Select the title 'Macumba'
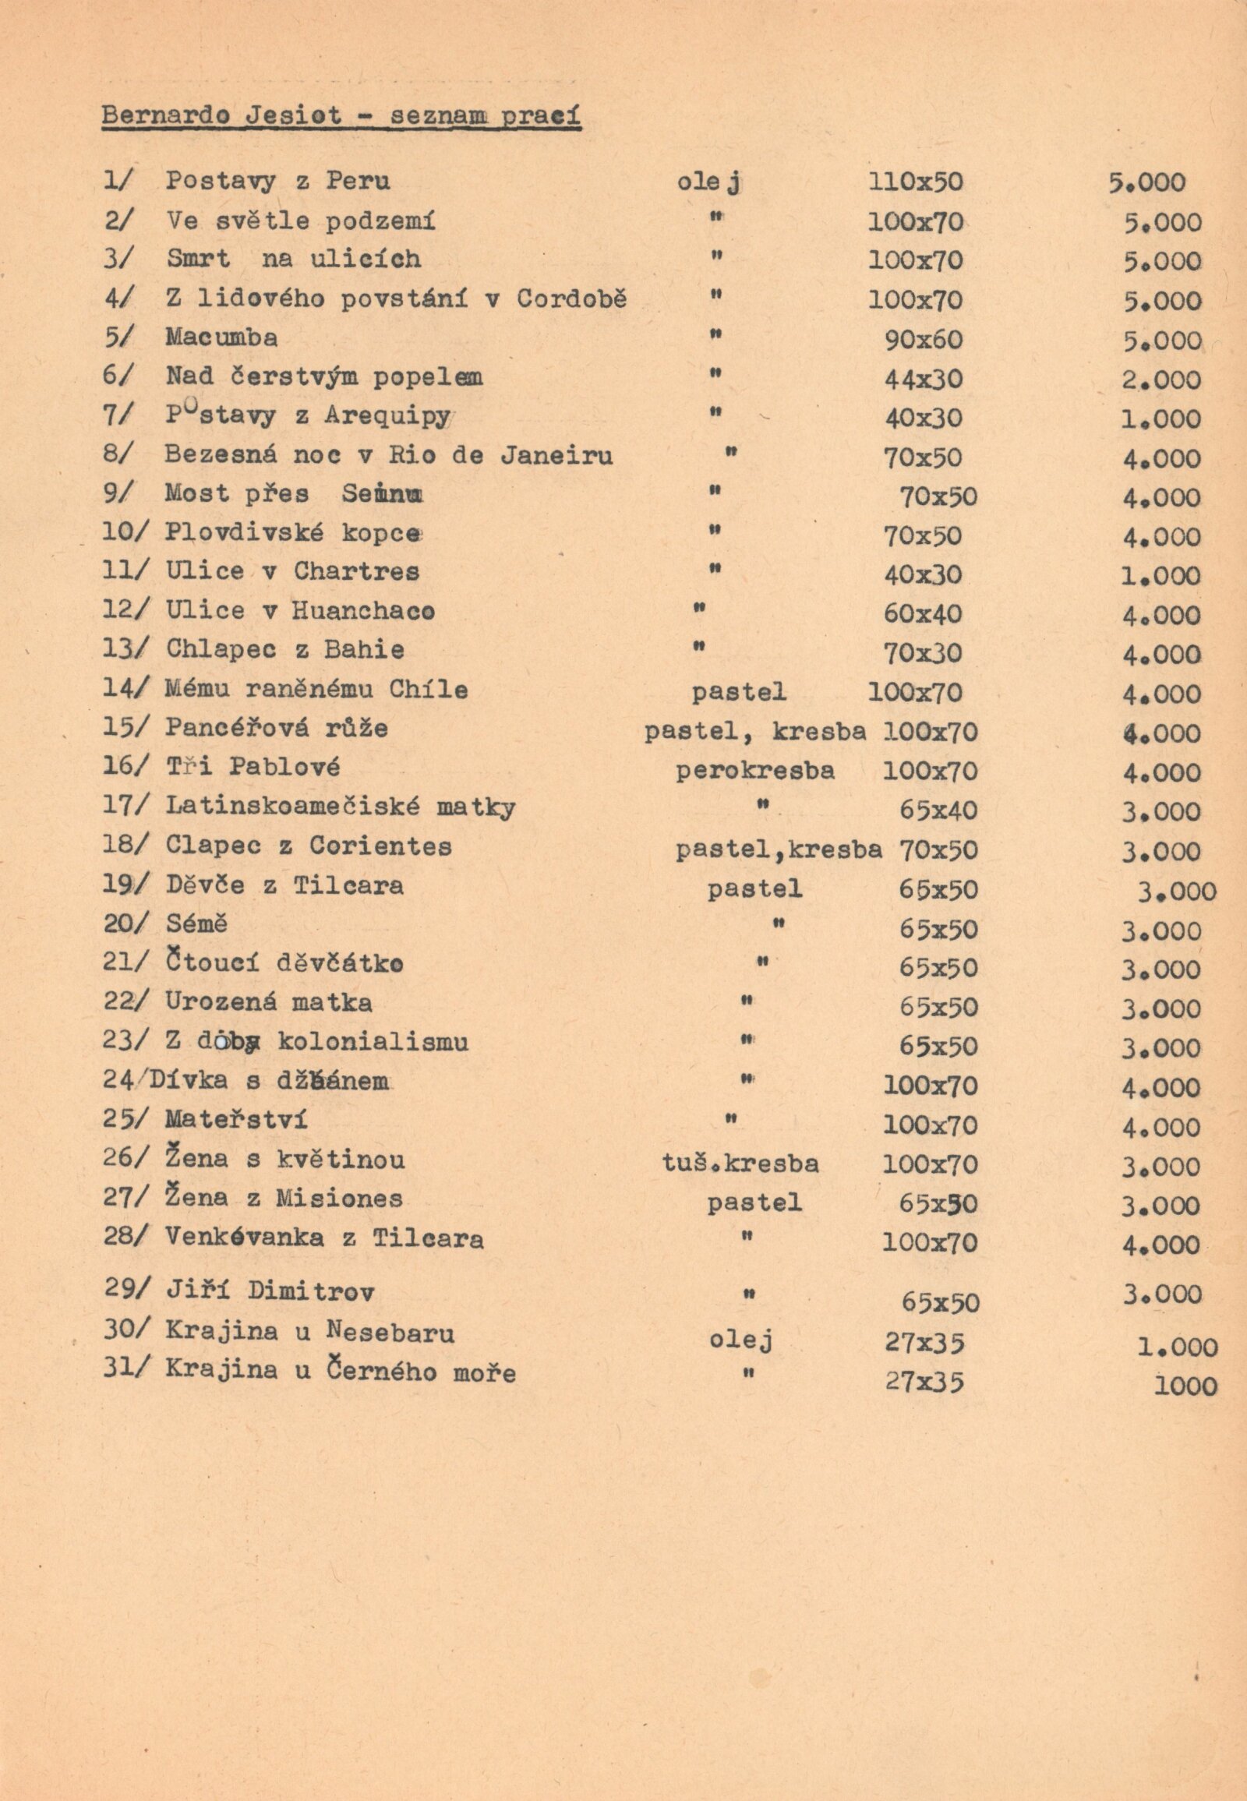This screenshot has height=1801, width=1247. (221, 337)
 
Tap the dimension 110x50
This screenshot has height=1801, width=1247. (915, 182)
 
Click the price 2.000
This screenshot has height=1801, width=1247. (1161, 380)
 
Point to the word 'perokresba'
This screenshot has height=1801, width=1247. (754, 771)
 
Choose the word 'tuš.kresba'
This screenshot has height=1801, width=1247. (740, 1164)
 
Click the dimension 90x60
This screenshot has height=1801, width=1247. (923, 340)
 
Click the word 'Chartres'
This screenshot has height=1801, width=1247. (356, 571)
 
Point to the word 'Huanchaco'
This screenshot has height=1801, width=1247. (363, 610)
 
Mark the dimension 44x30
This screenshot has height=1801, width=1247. (923, 380)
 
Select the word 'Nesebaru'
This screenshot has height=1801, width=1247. (390, 1330)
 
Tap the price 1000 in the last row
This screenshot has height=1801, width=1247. (1185, 1387)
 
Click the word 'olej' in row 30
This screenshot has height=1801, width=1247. (740, 1341)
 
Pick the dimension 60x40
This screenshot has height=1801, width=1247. (923, 614)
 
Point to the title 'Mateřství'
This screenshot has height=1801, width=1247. (236, 1119)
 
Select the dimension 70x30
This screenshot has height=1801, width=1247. (923, 653)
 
